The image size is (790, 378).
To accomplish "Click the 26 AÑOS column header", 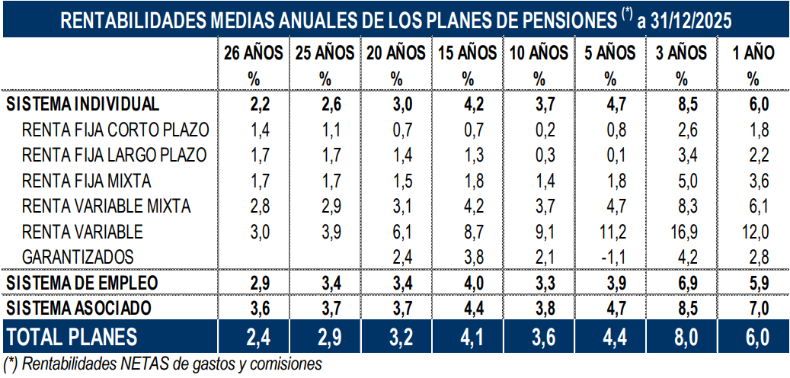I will (254, 53).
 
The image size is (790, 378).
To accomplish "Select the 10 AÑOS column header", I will (539, 53).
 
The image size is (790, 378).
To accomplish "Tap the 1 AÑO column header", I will (753, 53).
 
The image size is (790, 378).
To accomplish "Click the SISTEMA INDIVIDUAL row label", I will (82, 104).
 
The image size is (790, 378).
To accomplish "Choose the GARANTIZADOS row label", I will (78, 256).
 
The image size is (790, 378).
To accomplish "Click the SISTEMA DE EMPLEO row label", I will (82, 282).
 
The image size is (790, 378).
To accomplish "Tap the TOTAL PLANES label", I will (72, 336).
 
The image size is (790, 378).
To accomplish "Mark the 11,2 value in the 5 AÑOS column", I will (609, 231).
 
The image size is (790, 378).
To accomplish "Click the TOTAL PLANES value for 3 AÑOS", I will (681, 336).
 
